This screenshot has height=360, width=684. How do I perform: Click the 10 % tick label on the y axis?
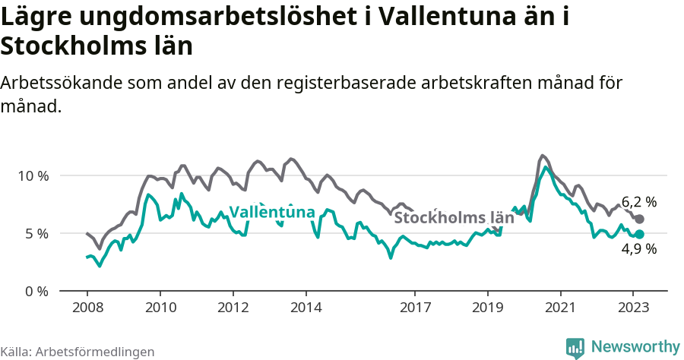(x=33, y=175)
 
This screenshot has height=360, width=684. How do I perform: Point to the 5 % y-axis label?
(x=36, y=233)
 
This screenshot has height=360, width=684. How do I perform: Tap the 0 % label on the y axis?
(x=36, y=291)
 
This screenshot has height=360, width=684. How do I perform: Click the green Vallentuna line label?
(x=272, y=212)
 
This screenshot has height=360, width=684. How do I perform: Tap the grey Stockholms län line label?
(x=454, y=218)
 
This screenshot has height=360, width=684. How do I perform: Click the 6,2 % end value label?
(x=639, y=202)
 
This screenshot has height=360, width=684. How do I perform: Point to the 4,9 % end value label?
(x=639, y=248)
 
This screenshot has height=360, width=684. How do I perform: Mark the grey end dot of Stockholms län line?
(x=639, y=219)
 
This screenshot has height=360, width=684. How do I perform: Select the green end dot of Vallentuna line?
(x=639, y=235)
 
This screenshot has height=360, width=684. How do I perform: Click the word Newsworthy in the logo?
(x=635, y=346)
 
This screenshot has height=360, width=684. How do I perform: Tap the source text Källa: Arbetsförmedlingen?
(x=78, y=352)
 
